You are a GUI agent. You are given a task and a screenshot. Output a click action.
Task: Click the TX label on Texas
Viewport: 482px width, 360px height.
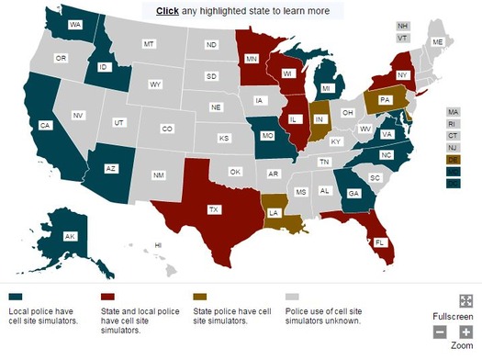(214, 209)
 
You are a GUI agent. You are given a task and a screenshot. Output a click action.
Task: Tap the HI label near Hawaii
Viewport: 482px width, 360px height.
(158, 245)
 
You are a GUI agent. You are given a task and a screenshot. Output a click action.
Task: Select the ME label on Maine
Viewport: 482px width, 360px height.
(437, 42)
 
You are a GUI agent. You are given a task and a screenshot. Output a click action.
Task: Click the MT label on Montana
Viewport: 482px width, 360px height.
(148, 44)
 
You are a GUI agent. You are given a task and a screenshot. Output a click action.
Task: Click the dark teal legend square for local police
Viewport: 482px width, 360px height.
(16, 297)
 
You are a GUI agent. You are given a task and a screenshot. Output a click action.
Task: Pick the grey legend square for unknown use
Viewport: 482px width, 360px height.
(294, 297)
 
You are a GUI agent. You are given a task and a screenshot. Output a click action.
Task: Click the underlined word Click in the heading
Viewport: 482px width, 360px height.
(168, 11)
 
